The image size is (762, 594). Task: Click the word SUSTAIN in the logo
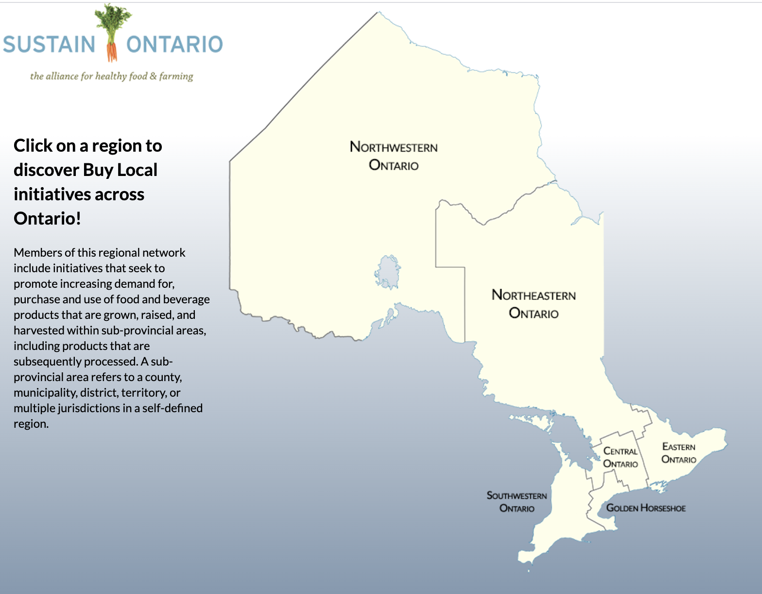pos(49,44)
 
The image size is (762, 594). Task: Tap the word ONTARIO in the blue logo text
pos(174,44)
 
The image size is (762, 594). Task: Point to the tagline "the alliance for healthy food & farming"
pos(112,76)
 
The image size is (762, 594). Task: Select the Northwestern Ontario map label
pos(394,156)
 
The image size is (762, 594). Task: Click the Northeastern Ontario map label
pos(534,304)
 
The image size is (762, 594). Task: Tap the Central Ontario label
pos(620,457)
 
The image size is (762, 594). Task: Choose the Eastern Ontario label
pos(679,453)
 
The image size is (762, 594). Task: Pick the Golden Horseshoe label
pos(646,508)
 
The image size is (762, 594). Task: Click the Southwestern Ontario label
pos(517,502)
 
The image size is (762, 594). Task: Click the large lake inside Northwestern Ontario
pos(387,272)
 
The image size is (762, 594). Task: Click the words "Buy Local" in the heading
pos(120,170)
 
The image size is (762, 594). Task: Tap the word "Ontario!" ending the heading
pos(47,219)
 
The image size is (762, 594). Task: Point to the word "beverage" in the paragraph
pos(187,299)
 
